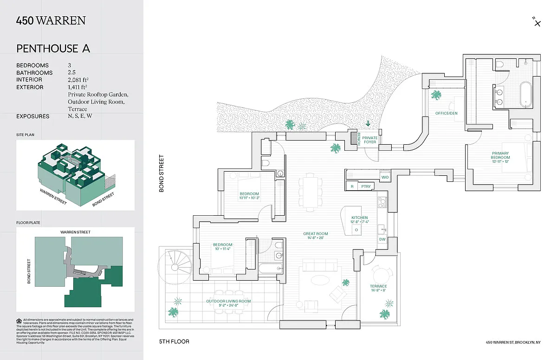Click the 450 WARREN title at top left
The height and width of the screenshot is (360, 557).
[x=51, y=20]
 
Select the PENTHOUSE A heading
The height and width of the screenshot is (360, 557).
[x=53, y=48]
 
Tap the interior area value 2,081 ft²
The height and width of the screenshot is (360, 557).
[x=78, y=80]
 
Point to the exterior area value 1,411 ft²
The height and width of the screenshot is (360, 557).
[x=78, y=87]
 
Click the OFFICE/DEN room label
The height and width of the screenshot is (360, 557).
[x=447, y=114]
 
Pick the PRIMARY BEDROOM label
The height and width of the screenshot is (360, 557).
[x=500, y=155]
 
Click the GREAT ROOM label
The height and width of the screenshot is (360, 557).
[x=316, y=234]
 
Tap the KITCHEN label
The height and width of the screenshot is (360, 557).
[x=359, y=218]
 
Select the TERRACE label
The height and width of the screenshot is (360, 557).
[x=378, y=286]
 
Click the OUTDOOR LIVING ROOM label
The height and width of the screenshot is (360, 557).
[x=228, y=301]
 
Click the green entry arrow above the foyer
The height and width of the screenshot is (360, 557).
[x=368, y=123]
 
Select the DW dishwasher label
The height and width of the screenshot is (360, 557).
[x=382, y=239]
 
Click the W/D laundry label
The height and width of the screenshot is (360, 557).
[x=385, y=177]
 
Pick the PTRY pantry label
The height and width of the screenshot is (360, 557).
[x=367, y=186]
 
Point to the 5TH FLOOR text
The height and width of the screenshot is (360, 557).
[x=174, y=342]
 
